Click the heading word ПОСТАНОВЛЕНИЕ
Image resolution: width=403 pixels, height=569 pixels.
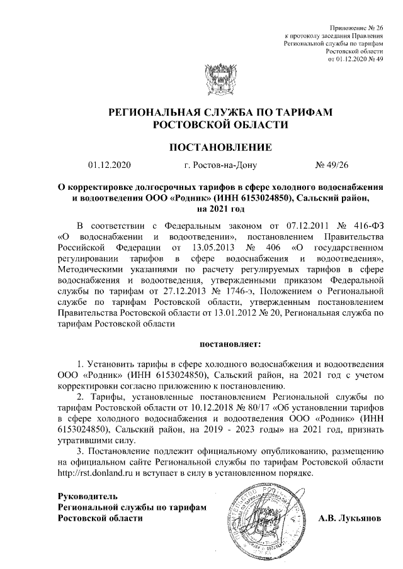(x=220, y=148)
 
